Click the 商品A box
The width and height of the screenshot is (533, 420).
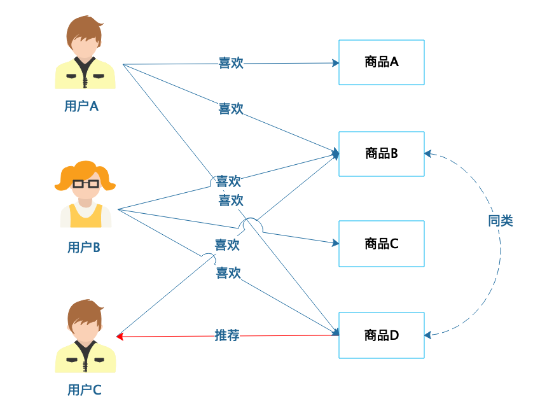(x=381, y=62)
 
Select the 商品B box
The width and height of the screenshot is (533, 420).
(x=381, y=153)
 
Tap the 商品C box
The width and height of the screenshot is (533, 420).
(x=381, y=244)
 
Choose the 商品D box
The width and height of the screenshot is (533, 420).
(x=381, y=335)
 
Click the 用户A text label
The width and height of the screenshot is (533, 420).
(x=81, y=106)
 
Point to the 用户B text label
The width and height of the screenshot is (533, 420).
(x=84, y=248)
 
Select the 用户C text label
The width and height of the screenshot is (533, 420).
(x=84, y=390)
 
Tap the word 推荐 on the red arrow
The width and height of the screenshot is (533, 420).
(x=227, y=335)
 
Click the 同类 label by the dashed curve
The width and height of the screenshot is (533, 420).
(x=501, y=221)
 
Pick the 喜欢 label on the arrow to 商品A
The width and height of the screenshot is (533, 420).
(x=231, y=63)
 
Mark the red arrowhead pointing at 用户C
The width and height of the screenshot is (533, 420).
(x=120, y=336)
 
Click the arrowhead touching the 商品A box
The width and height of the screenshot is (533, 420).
(x=335, y=63)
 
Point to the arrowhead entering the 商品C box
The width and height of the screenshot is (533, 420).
(x=335, y=242)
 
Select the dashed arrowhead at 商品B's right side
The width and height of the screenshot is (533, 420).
(x=428, y=153)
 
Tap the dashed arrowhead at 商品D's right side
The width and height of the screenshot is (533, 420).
(x=428, y=334)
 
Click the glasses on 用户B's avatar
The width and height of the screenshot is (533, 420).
(x=86, y=184)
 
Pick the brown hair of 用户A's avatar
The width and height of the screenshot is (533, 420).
(x=85, y=29)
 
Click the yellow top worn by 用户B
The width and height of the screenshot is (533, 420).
(x=86, y=216)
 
